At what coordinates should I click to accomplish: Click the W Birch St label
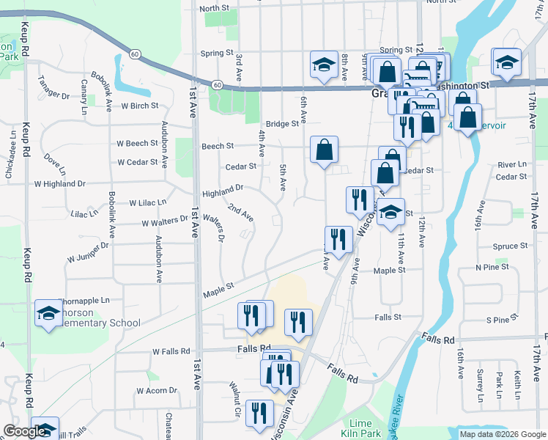click(x=140, y=106)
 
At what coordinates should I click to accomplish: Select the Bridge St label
click(x=282, y=124)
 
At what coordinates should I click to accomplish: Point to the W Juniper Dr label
click(x=87, y=252)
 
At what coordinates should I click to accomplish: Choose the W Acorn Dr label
click(x=157, y=390)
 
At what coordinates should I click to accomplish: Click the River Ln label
click(x=511, y=165)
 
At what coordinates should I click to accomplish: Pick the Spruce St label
click(x=511, y=246)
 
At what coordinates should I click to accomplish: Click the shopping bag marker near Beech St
click(x=324, y=150)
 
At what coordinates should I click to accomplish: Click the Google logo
click(x=24, y=432)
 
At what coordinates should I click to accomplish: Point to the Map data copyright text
click(x=502, y=434)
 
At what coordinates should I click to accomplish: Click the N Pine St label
click(x=492, y=268)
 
